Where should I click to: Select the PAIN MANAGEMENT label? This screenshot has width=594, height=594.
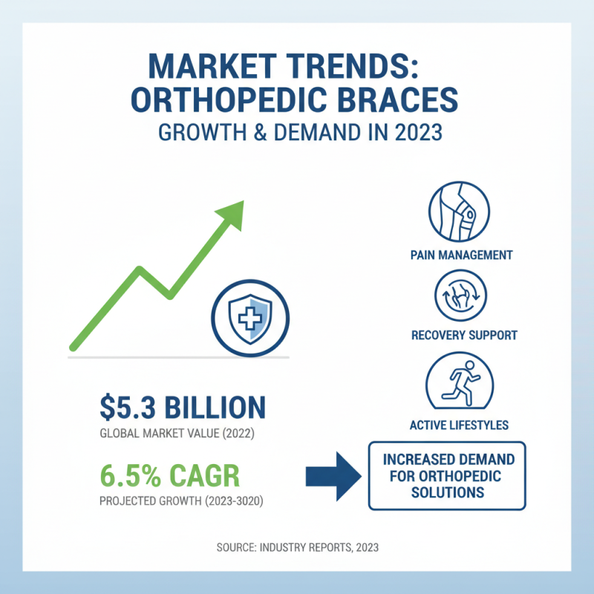tap(461, 255)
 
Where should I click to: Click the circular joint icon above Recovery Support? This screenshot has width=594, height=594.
tap(460, 296)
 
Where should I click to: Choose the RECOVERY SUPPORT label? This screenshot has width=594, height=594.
tap(464, 335)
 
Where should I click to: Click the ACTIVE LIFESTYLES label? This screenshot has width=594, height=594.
tap(459, 425)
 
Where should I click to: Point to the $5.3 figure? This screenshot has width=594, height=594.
tap(127, 408)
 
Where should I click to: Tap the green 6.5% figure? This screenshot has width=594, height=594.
tap(131, 474)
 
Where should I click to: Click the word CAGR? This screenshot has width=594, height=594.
tap(212, 474)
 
